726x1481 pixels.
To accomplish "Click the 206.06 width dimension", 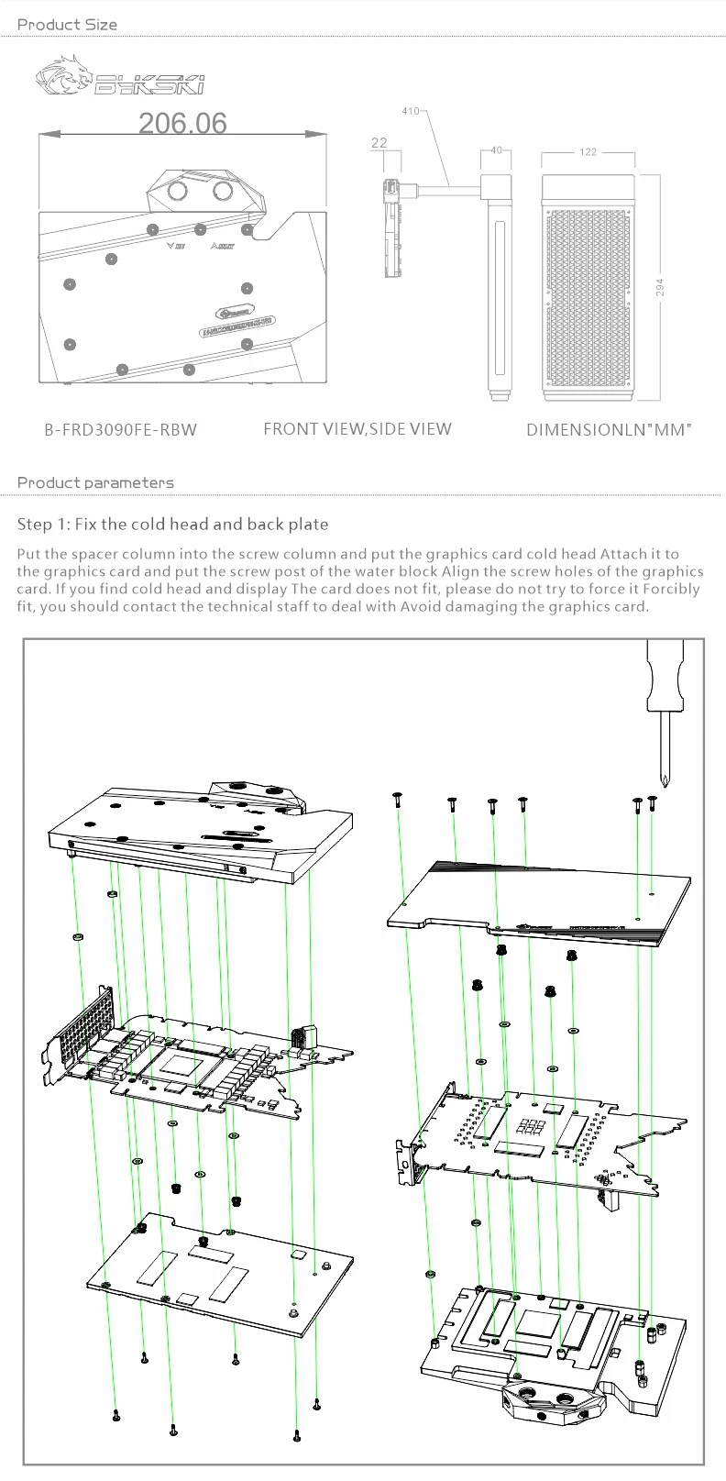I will (182, 123).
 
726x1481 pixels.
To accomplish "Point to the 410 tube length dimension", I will (410, 111).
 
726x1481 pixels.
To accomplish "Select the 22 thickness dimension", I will (379, 142).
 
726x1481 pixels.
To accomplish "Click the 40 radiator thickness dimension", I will (496, 150).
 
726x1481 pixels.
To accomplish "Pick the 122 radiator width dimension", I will (588, 151).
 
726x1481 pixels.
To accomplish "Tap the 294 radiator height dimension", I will (660, 288).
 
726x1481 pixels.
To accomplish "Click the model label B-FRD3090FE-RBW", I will (120, 429).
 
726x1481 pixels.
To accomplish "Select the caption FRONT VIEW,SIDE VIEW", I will (357, 428).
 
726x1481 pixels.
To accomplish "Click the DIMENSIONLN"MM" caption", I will (609, 429).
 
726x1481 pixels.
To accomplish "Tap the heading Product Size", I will (67, 25).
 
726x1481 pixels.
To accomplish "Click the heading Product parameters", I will (95, 482).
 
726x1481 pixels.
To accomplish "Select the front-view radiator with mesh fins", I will (589, 287).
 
